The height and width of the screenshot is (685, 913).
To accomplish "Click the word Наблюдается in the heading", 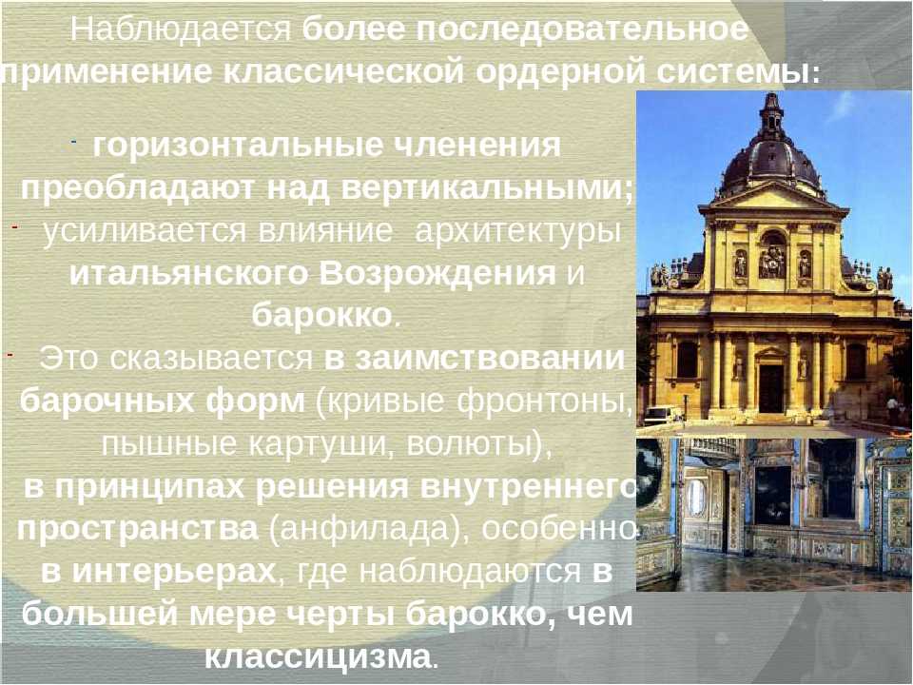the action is [181, 29].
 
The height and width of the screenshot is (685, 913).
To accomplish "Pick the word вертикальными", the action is [487, 189].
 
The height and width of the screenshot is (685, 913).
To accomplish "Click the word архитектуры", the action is [517, 232].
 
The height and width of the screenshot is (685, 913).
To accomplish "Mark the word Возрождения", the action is [437, 274].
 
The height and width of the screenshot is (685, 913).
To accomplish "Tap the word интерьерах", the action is [173, 573].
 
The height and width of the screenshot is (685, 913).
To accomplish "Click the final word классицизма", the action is [318, 657].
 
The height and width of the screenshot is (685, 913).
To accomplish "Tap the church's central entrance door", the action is [771, 388].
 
